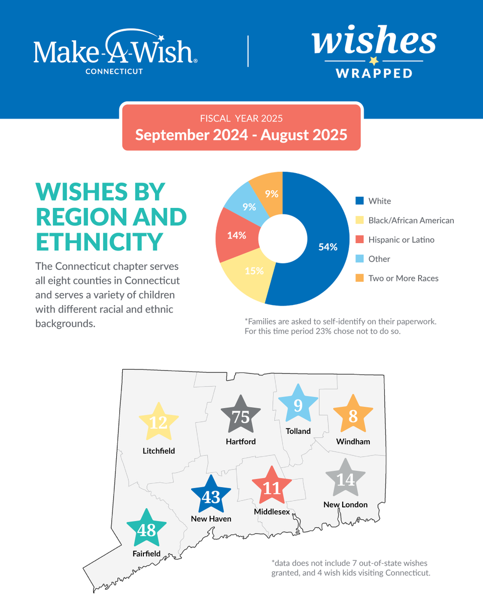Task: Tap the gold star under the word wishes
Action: (x=373, y=61)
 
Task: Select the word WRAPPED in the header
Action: (x=374, y=73)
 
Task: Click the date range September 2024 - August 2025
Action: (x=242, y=135)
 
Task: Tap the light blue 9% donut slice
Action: (x=246, y=204)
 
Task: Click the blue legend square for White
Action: (x=359, y=201)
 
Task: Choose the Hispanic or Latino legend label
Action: (x=401, y=240)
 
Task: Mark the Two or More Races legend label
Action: (x=403, y=278)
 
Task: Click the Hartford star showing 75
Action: (x=241, y=416)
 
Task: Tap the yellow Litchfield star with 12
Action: (x=158, y=422)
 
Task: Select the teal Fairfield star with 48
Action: (x=146, y=529)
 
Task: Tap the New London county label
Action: (x=346, y=504)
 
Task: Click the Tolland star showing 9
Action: (x=298, y=404)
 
